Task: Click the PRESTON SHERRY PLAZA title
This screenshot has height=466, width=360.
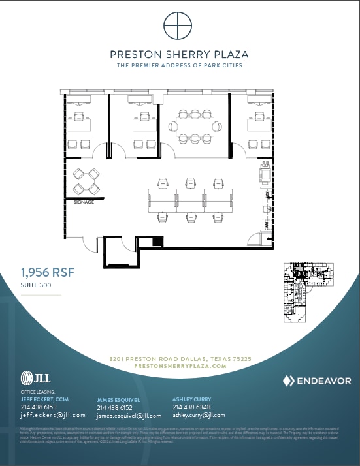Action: [179, 55]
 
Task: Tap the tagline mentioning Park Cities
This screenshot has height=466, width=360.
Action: [179, 65]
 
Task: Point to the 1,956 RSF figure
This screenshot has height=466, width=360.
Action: [44, 272]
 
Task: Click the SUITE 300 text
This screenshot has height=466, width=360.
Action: [36, 285]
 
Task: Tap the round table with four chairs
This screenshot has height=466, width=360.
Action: [86, 181]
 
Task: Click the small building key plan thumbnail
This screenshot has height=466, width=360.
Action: [307, 294]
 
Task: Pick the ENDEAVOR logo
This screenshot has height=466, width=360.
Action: [317, 381]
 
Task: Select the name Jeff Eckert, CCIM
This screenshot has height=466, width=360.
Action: [45, 399]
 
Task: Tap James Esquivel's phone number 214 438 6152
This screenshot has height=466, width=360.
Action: [114, 407]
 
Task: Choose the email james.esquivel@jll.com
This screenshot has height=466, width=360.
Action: [129, 416]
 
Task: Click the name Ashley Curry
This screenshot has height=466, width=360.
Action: [191, 399]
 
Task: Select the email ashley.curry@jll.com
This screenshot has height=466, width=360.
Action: [199, 415]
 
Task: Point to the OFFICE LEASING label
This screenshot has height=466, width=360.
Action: [37, 392]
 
